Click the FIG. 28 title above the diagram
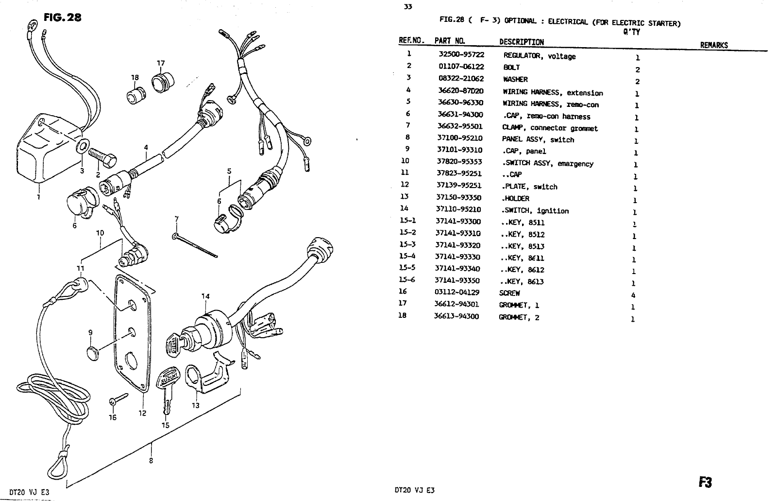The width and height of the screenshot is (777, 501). tap(62, 18)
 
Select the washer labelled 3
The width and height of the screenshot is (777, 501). tap(83, 145)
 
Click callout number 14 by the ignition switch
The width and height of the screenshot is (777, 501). tap(205, 296)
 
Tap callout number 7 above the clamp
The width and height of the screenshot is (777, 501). tap(176, 219)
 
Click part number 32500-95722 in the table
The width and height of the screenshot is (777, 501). tap(461, 55)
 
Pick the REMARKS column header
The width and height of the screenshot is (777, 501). tap(713, 45)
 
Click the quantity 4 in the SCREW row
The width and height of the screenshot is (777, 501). tap(633, 295)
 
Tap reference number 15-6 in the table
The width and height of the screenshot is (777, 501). tap(407, 279)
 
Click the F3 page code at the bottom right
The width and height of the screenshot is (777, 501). tap(705, 482)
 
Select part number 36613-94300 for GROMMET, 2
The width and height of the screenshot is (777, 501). tap(456, 316)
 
